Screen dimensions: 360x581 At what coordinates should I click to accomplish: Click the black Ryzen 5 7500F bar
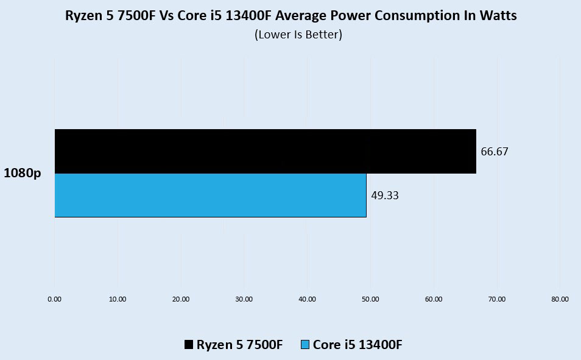coord(265,151)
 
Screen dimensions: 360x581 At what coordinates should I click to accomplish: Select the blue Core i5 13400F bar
coord(210,195)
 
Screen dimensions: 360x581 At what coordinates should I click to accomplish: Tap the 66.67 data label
coord(495,152)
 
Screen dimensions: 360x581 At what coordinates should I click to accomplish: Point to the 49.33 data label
coord(385,196)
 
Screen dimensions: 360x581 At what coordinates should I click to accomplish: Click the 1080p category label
coord(23,173)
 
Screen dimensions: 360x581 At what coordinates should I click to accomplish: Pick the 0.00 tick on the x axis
coord(55,299)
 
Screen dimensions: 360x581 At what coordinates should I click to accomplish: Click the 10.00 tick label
coord(118,299)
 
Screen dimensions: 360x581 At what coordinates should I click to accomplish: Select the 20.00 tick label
coord(181,299)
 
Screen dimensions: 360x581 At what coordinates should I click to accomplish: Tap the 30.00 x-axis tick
coord(244,299)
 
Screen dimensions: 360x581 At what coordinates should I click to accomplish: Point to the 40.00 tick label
coord(307,299)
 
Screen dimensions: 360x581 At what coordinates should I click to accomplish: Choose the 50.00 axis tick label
coord(370,299)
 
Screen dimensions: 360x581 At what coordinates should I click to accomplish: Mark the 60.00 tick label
coord(434,299)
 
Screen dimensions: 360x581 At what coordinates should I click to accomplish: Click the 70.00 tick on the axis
coord(497,299)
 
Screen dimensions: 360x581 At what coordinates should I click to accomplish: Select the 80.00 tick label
coord(560,299)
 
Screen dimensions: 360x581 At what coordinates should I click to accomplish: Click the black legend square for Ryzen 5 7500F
coord(189,345)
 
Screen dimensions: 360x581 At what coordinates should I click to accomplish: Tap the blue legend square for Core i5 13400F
coord(306,345)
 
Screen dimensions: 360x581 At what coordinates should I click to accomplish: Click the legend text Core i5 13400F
coord(357,345)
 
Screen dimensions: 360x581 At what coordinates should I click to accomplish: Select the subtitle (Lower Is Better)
coord(298,35)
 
